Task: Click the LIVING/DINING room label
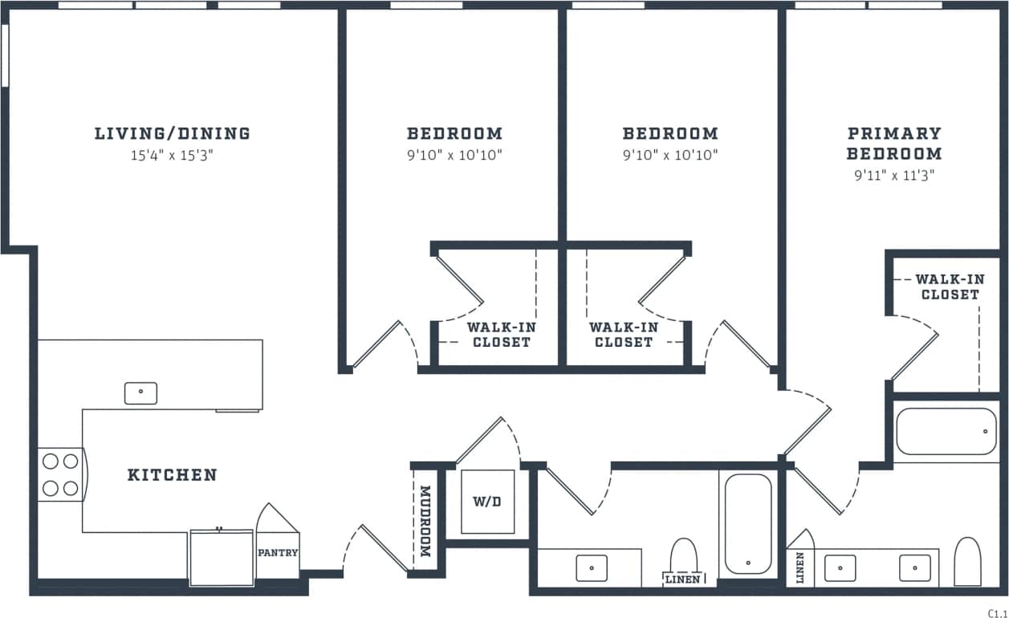172,134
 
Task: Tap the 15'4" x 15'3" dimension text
172,155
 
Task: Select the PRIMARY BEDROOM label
893,143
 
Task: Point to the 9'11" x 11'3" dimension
893,174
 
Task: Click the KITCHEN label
173,475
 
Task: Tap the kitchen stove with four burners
60,474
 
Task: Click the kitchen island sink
140,392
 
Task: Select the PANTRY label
278,552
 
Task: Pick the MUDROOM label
425,522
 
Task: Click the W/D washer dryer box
486,502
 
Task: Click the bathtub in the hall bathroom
748,523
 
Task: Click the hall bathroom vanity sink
592,567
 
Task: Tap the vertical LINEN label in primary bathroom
799,567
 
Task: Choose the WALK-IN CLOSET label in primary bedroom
950,287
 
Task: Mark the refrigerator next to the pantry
221,557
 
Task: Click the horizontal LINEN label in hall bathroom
683,579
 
